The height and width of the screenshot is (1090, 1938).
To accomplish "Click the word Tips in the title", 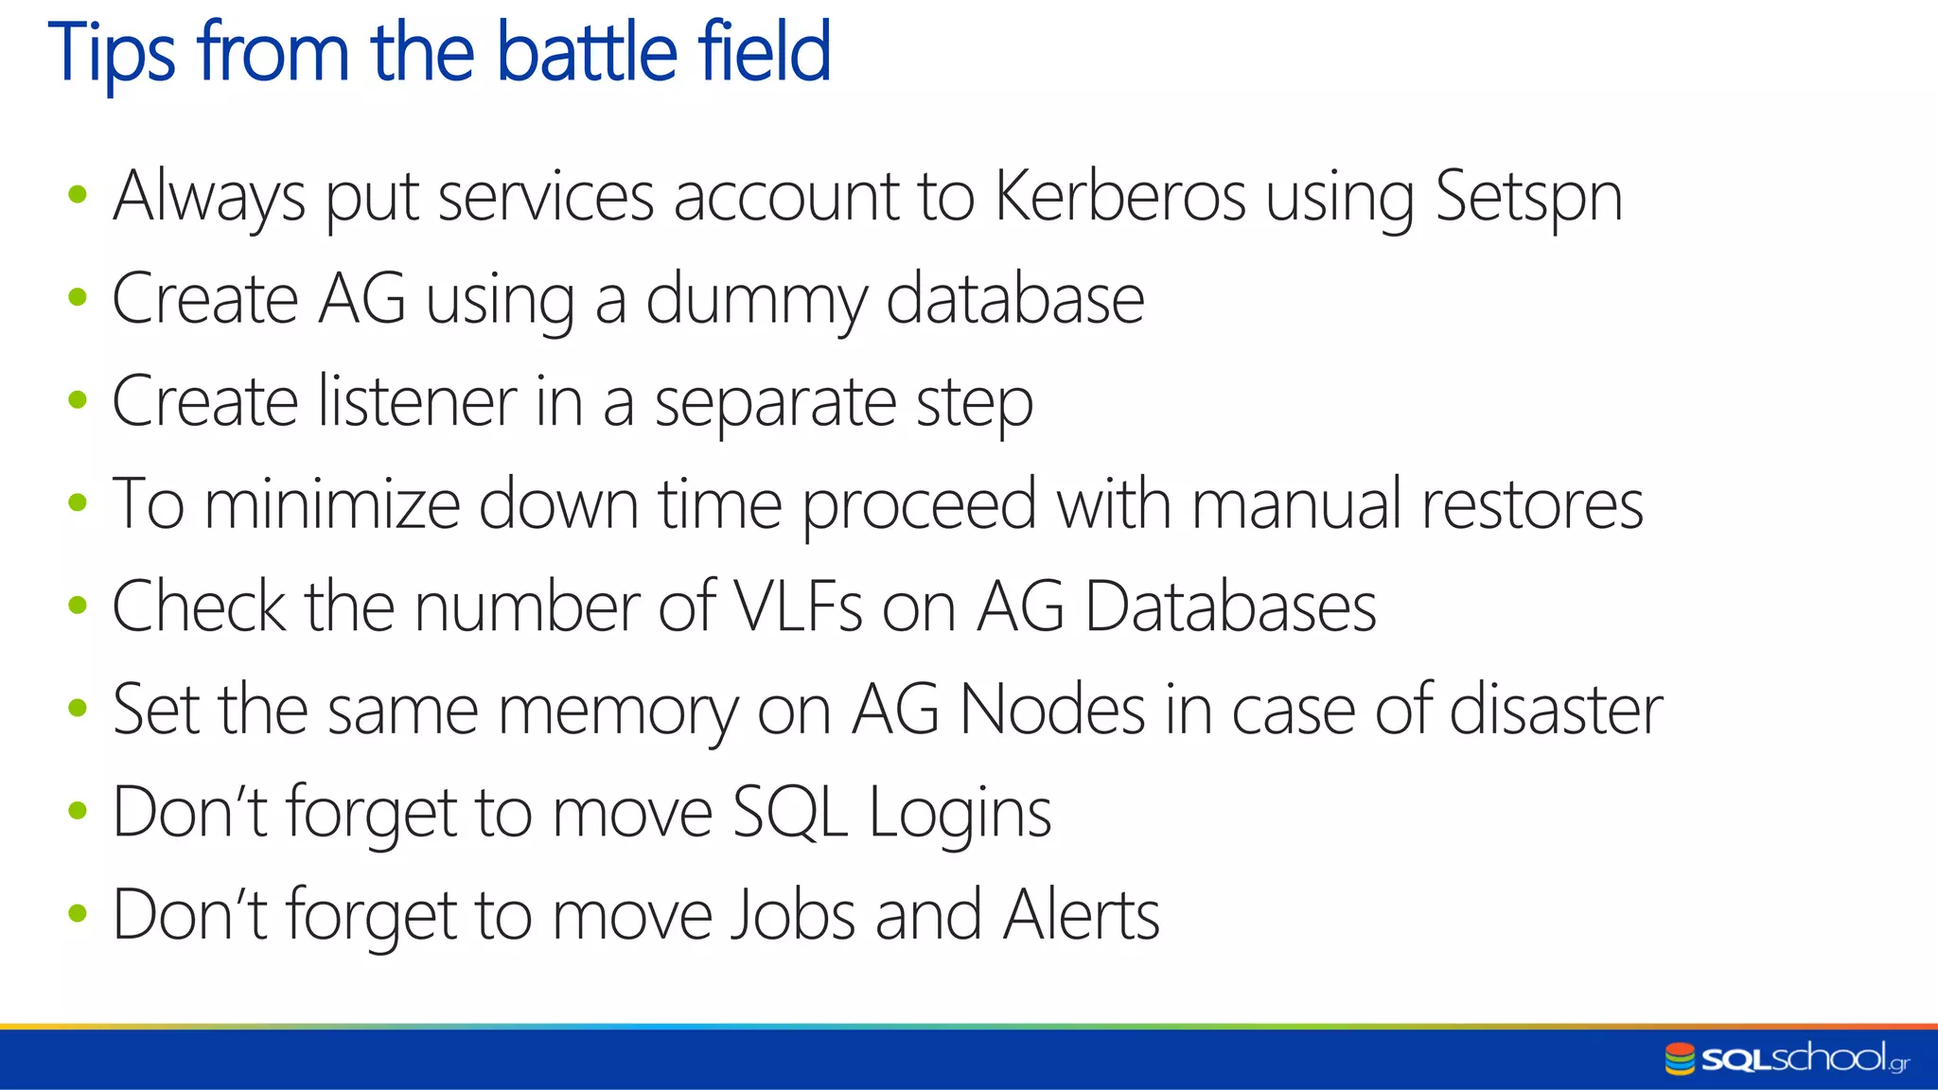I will [x=112, y=54].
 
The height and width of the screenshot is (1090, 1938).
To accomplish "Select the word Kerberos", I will [x=1120, y=197].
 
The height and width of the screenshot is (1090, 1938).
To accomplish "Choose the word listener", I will [x=417, y=401].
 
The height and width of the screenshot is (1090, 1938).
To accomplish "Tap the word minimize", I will [x=332, y=503].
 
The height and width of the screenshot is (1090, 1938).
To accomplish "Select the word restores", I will [x=1532, y=504].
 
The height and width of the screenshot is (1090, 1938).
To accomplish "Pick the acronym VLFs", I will [x=799, y=607].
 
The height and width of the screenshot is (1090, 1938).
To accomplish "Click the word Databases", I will [x=1230, y=607].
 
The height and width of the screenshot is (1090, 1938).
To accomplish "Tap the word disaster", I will [x=1556, y=710].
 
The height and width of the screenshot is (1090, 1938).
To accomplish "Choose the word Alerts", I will [x=1081, y=915].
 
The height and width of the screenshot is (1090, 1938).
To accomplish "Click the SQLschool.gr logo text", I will [x=1804, y=1058].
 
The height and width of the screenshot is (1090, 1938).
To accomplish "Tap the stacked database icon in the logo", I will [x=1680, y=1059].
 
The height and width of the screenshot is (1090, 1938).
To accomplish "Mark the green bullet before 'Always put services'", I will [x=78, y=196].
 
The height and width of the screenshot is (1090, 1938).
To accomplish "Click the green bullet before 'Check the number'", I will [x=78, y=606].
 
